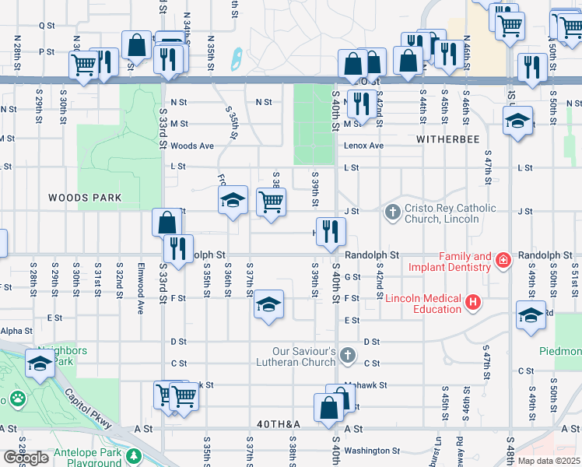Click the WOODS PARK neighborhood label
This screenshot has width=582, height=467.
coord(85,198)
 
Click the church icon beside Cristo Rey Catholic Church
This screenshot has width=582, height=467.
coord(393,212)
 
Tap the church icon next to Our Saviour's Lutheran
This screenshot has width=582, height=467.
coord(348,356)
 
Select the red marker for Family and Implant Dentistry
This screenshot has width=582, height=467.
coord(503,259)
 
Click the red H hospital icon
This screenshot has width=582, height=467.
coord(472,302)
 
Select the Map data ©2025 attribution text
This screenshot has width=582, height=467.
coord(548,461)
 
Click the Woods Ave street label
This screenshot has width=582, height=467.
coord(191,146)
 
